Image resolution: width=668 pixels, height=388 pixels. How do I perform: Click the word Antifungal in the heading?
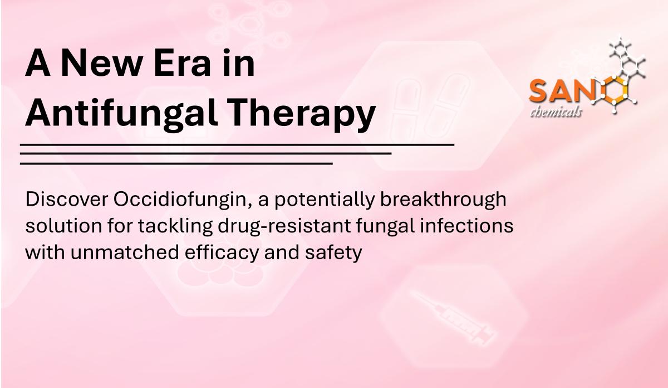coord(122,114)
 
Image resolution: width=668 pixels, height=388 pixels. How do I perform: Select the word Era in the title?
coord(182,64)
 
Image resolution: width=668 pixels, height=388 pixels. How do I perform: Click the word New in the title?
coord(101,64)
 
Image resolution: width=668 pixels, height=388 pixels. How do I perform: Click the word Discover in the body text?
coord(66,199)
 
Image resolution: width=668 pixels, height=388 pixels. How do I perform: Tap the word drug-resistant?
coord(284,227)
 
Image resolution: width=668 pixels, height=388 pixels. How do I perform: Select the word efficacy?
coord(222,253)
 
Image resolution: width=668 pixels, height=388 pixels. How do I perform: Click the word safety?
coord(333,253)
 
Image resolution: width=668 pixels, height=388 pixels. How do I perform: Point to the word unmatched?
coord(124,252)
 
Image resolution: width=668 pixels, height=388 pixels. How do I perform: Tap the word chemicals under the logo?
coord(556,112)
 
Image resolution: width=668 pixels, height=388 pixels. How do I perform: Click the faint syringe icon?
coord(453,318)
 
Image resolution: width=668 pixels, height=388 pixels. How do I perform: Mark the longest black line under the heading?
coord(237,145)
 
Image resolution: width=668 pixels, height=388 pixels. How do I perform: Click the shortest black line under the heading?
coord(176,164)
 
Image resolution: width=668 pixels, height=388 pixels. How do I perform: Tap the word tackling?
coord(175,227)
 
